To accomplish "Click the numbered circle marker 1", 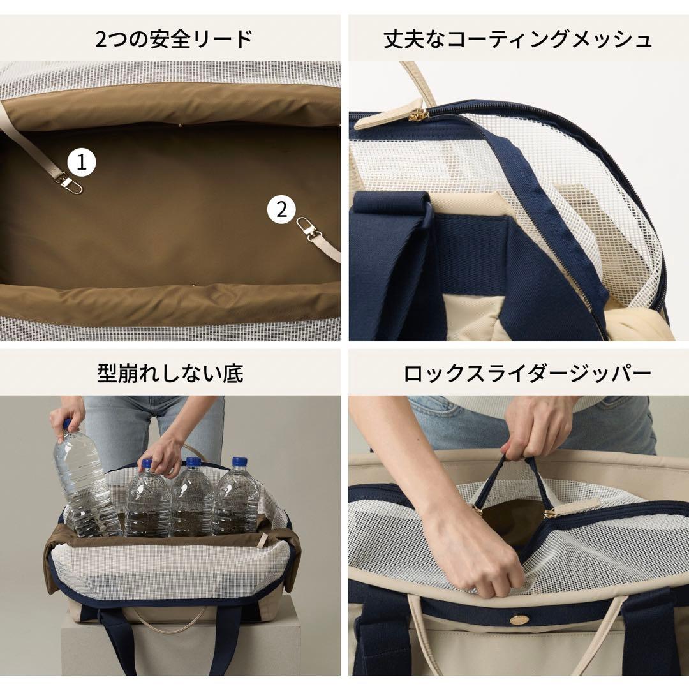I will pyautogui.click(x=81, y=163).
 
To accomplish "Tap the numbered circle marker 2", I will pyautogui.click(x=281, y=209).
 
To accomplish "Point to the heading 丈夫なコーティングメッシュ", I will pyautogui.click(x=518, y=39).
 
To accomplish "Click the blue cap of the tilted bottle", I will pyautogui.click(x=66, y=423).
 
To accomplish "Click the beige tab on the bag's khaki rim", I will pyautogui.click(x=261, y=540).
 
